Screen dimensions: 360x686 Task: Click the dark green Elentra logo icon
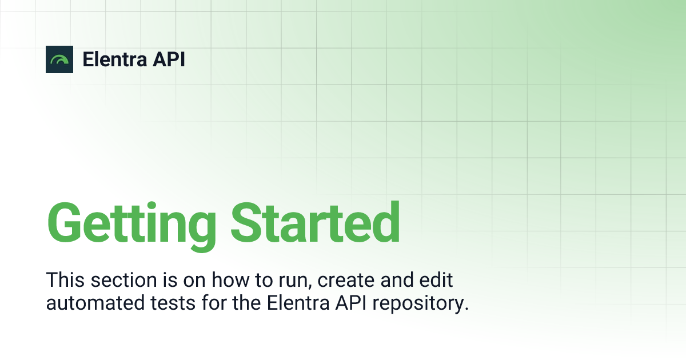pos(59,59)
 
